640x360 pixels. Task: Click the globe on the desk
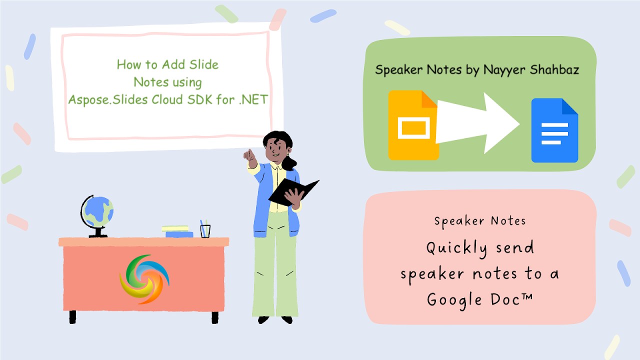pos(97,211)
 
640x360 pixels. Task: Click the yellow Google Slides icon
pos(412,125)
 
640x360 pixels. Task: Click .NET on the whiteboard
pos(254,99)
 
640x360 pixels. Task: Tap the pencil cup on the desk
pos(205,229)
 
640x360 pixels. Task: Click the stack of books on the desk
pos(178,231)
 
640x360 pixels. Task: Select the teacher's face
pos(274,149)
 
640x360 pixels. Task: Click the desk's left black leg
pos(73,316)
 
